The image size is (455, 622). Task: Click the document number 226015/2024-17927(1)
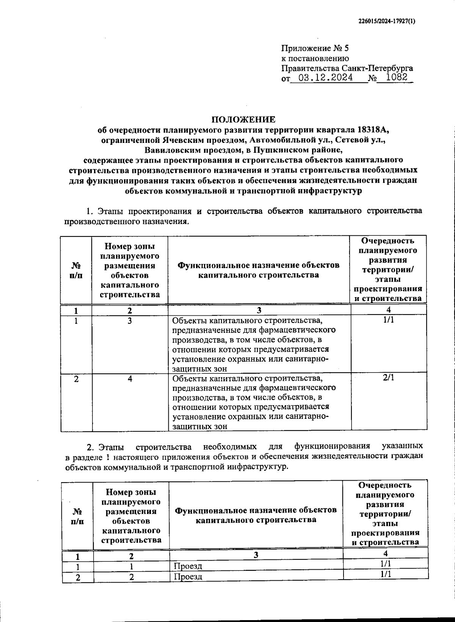pos(386,22)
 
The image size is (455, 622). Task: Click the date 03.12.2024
pos(326,78)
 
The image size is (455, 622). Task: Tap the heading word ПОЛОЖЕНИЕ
pos(243,120)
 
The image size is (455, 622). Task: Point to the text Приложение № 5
pos(315,49)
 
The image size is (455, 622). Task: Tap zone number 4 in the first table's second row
pos(130,379)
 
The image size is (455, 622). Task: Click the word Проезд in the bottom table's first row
pos(188,566)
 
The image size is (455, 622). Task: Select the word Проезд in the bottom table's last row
pos(188,577)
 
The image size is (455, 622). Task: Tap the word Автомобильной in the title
pos(286,140)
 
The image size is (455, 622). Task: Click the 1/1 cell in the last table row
pos(386,574)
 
